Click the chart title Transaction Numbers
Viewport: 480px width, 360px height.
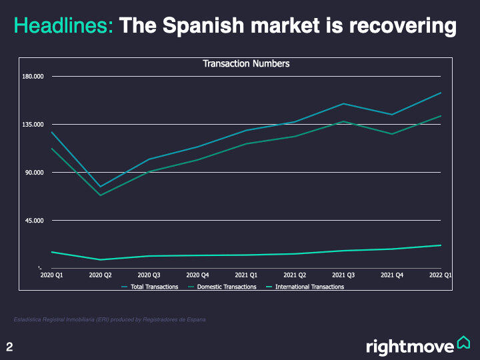(x=246, y=64)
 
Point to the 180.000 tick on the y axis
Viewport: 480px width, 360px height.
(x=33, y=77)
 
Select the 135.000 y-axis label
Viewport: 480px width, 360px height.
(x=33, y=125)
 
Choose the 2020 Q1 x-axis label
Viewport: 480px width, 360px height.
(x=51, y=275)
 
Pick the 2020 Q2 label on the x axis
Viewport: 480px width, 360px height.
(x=100, y=275)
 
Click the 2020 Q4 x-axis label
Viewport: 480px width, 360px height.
(x=197, y=275)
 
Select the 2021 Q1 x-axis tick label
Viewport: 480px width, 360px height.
(x=246, y=275)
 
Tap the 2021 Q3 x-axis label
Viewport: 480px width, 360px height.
(x=343, y=275)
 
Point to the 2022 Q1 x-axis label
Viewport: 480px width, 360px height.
(x=441, y=275)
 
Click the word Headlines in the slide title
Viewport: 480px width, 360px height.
(x=63, y=26)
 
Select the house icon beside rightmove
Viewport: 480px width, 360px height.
(x=464, y=343)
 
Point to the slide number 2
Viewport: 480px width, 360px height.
(x=10, y=347)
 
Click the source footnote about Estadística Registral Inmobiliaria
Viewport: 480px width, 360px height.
(x=109, y=320)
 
